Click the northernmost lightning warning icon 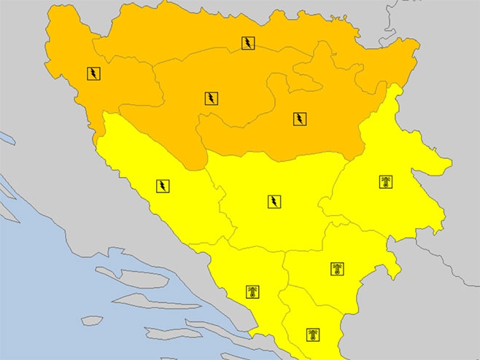249,43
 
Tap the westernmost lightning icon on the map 94,73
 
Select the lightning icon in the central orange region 211,98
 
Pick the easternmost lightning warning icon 300,119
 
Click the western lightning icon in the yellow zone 163,186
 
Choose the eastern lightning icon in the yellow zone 274,201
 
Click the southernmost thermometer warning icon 312,335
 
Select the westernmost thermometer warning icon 252,293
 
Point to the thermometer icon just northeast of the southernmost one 336,269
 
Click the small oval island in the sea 92,320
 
